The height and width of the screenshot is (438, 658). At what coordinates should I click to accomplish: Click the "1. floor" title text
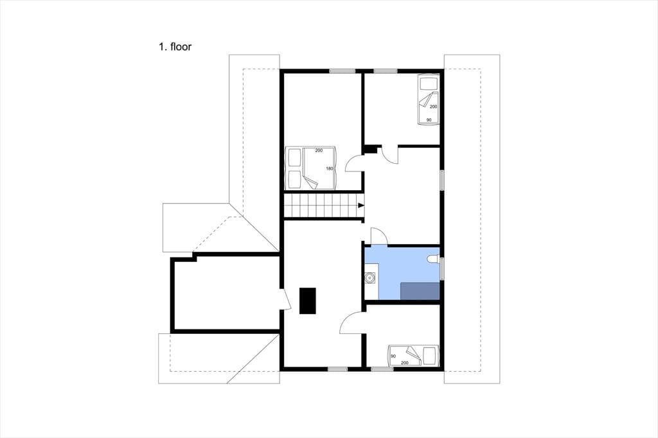pos(175,47)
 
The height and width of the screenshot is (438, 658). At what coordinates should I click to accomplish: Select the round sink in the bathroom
pos(370,277)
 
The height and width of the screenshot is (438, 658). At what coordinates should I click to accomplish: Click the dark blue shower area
pos(420,291)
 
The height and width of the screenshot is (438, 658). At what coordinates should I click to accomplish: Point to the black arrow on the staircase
pos(360,205)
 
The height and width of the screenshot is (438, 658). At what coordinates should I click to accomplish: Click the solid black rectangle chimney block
pos(308,301)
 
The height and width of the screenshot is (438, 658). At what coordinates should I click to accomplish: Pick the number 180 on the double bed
pos(330,169)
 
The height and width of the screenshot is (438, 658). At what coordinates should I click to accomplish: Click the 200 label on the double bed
pos(319,150)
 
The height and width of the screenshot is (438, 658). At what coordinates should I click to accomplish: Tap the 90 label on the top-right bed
pos(429,120)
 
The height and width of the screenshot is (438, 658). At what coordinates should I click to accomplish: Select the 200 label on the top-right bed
pos(434,107)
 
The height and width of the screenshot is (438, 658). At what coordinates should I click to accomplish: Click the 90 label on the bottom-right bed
pos(393,356)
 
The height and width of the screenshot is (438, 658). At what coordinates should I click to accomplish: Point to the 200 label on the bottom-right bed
pos(405,363)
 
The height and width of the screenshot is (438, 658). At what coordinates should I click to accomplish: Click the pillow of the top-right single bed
pos(429,83)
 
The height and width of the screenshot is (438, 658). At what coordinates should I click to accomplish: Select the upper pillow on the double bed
pos(294,158)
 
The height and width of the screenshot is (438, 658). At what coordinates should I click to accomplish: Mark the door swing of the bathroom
pos(377,235)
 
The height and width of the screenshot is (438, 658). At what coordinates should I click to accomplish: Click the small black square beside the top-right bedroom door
pos(370,150)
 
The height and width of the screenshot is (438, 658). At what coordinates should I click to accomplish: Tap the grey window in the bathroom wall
pos(442,268)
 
